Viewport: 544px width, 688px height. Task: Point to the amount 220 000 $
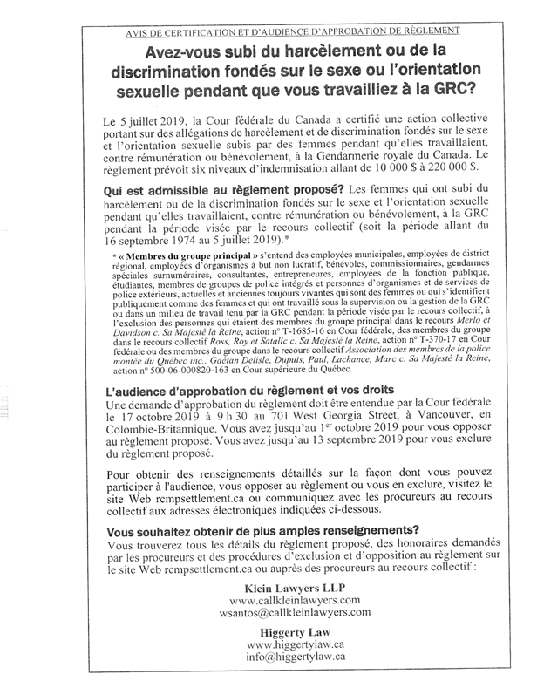click(x=445, y=166)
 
